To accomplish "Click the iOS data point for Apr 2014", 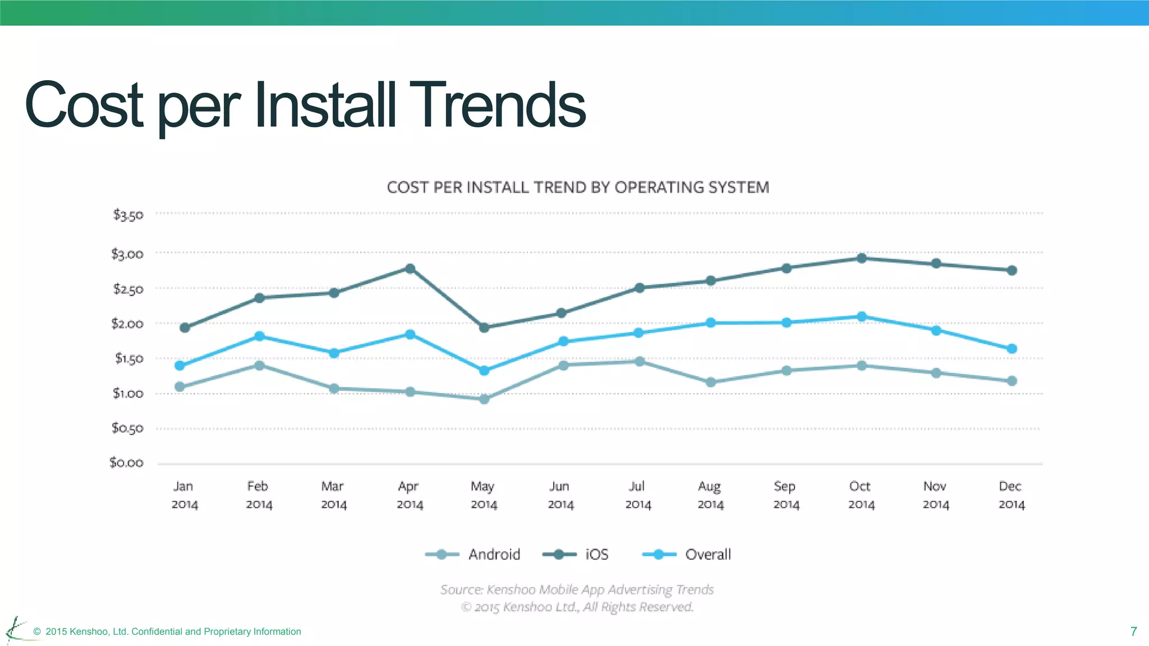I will click(x=410, y=269).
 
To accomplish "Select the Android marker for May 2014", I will click(x=484, y=399).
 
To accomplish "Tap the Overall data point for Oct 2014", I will click(x=862, y=317).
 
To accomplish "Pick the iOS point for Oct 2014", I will click(x=862, y=259).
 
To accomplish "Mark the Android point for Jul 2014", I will click(x=640, y=362).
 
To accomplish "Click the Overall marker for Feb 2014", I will click(x=259, y=336).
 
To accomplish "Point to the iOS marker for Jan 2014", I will click(x=185, y=327).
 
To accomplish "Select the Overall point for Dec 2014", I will click(x=1012, y=349).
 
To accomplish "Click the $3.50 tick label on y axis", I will click(x=128, y=215).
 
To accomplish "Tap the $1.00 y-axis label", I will click(x=128, y=394).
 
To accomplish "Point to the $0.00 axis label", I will click(x=127, y=463).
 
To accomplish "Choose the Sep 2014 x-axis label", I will click(x=785, y=495).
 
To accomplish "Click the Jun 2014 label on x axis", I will click(x=560, y=495).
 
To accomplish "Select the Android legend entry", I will click(x=473, y=555).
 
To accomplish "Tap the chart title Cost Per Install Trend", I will click(x=578, y=187).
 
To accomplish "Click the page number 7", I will click(x=1133, y=631).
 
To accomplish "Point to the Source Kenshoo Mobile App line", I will click(x=577, y=589).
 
